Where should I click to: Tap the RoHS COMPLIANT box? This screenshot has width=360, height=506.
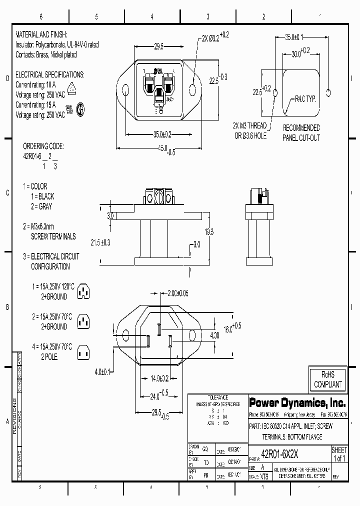(x=327, y=380)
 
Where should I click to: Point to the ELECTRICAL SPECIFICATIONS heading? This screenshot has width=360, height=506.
(x=50, y=74)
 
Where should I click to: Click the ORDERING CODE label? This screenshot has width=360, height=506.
(x=43, y=146)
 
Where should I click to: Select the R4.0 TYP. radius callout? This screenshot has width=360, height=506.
(x=305, y=99)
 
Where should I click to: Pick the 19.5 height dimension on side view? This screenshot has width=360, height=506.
(x=208, y=232)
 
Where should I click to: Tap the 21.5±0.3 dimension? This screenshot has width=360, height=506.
(x=100, y=242)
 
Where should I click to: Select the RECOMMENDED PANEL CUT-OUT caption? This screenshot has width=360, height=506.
(x=301, y=133)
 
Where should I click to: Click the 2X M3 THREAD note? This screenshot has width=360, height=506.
(x=249, y=125)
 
